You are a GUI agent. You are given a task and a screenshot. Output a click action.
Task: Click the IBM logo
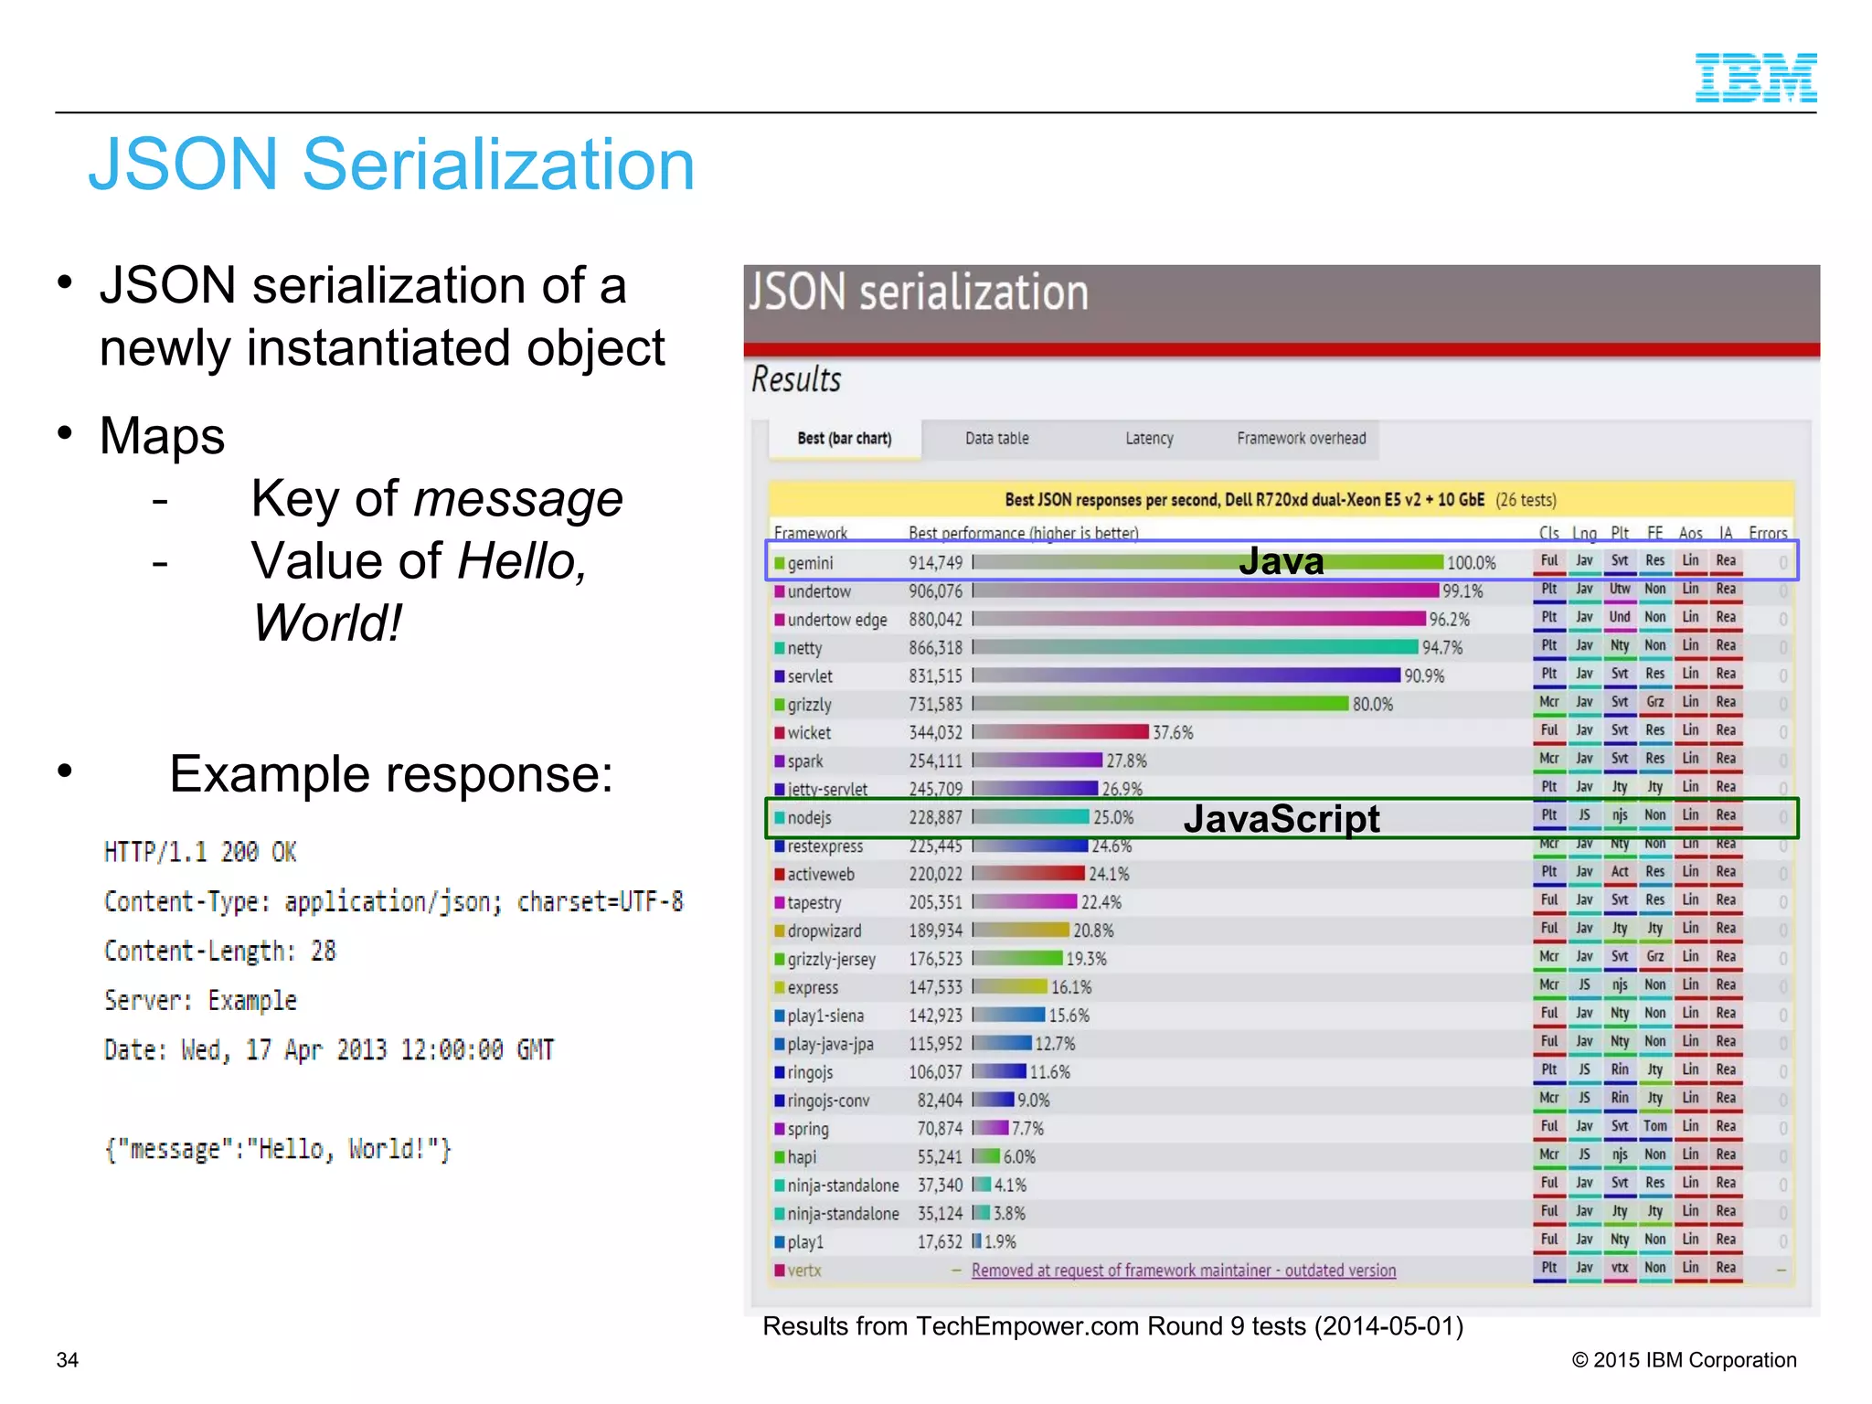tap(1755, 78)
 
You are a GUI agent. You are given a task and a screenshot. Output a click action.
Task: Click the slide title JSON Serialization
tap(391, 165)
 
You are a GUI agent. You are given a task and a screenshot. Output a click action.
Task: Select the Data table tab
tap(996, 439)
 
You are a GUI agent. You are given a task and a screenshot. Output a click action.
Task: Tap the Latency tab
tap(1149, 439)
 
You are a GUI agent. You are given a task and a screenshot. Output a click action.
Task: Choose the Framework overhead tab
tap(1301, 439)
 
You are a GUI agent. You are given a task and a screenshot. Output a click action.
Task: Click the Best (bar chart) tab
tap(844, 439)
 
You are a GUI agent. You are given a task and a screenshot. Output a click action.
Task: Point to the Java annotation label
tap(1281, 561)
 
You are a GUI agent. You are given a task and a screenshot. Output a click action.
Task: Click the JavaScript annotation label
tap(1281, 818)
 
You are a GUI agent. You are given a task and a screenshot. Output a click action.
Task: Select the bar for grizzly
tap(1161, 704)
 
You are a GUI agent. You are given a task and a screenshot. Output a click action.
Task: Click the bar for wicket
tap(1060, 732)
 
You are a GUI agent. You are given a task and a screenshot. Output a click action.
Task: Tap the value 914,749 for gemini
tap(935, 563)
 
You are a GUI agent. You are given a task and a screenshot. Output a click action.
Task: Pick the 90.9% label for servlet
tap(1424, 676)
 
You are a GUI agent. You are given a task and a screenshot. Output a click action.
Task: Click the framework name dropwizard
tap(824, 931)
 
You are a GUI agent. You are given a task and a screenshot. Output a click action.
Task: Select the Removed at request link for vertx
tap(1183, 1270)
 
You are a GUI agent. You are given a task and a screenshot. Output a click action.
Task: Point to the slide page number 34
tap(68, 1360)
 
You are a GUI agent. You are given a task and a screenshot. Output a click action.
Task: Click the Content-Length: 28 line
tap(219, 952)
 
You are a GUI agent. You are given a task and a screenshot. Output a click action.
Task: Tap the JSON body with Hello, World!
tap(278, 1149)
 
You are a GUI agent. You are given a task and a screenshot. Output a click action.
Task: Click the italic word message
tap(518, 499)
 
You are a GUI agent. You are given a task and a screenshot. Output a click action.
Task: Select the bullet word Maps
tap(162, 436)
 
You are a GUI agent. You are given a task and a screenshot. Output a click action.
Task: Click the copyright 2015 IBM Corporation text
tap(1684, 1360)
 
